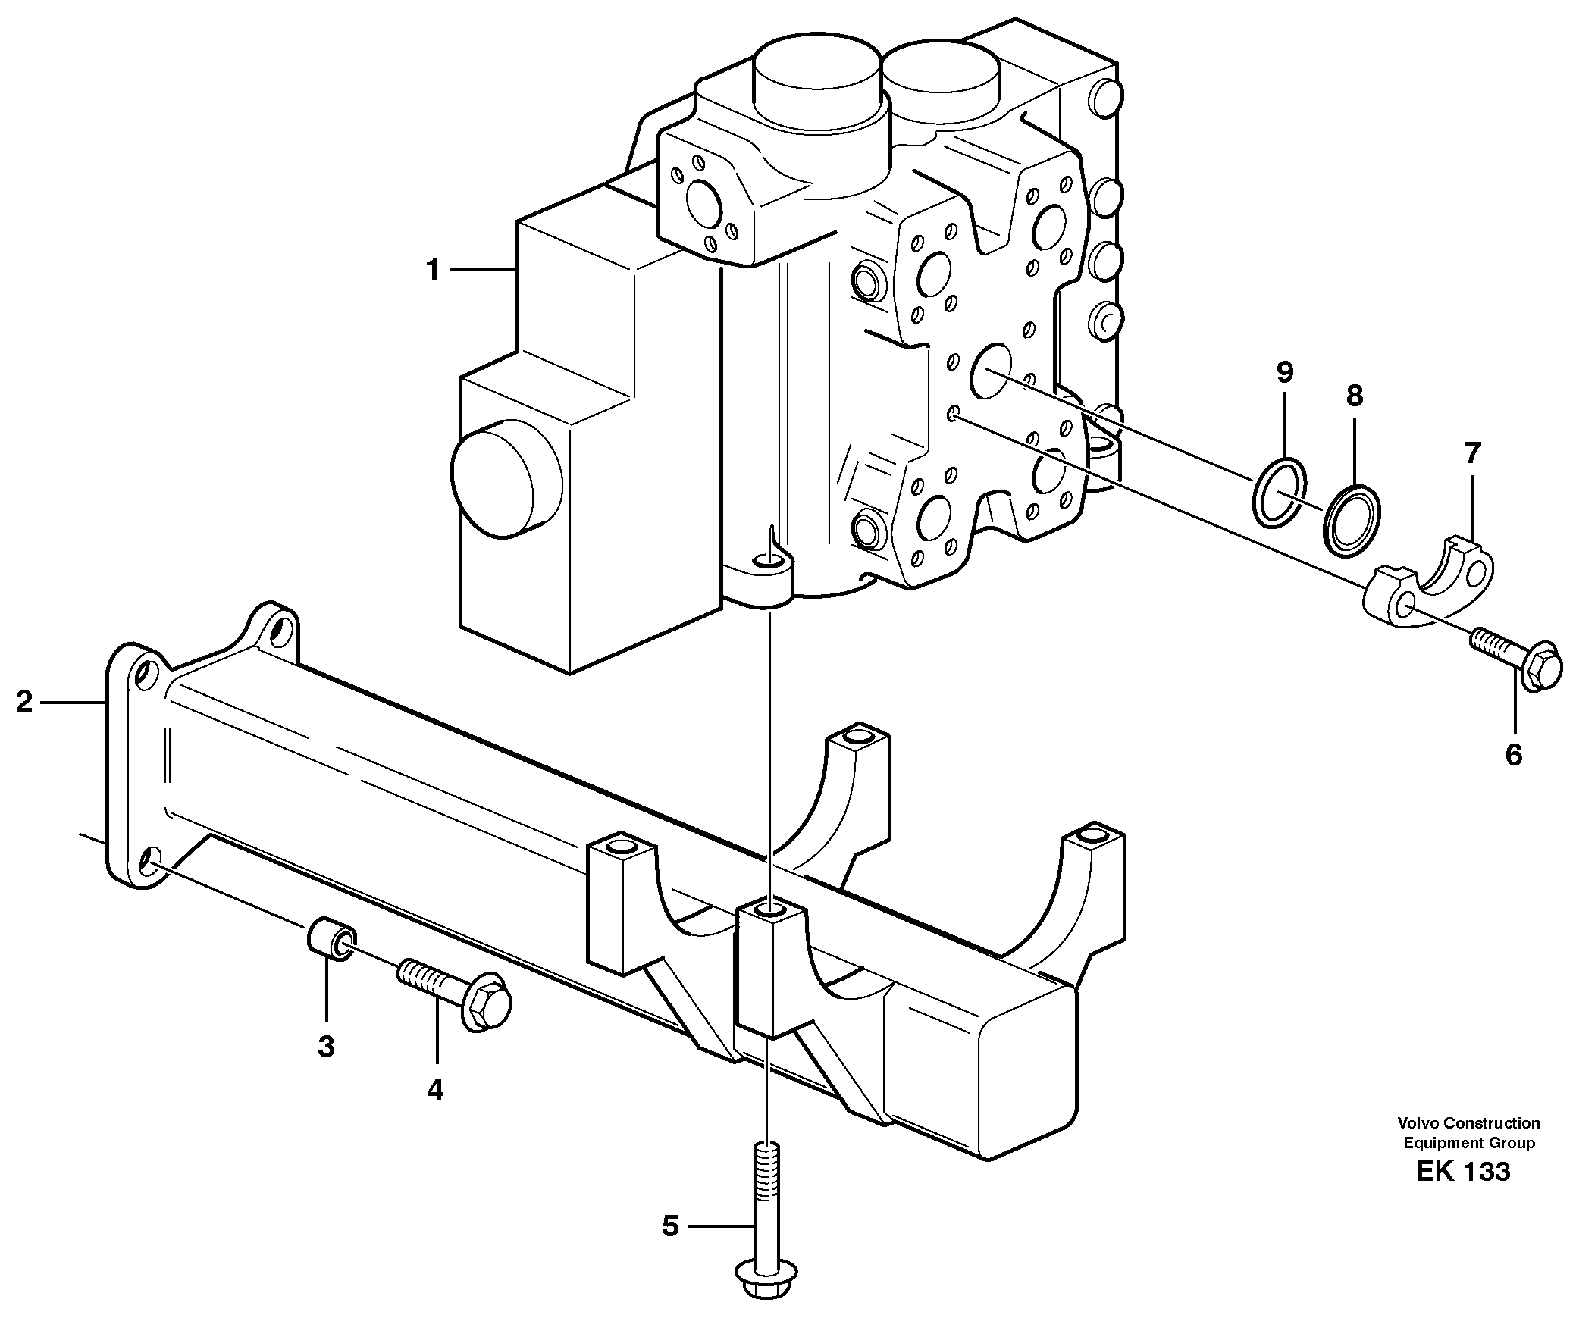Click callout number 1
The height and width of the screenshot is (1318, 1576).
(x=433, y=271)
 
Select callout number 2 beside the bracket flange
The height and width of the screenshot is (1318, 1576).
(x=24, y=703)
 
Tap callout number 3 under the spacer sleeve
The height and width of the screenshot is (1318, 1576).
(x=326, y=1047)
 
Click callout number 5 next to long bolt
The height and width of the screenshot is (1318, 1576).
(x=670, y=1226)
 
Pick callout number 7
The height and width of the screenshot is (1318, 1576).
(x=1472, y=454)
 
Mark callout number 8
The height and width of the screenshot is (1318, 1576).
(x=1355, y=396)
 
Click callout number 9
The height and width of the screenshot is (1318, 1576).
(x=1284, y=372)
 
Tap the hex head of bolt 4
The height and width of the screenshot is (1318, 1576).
(x=486, y=1003)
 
